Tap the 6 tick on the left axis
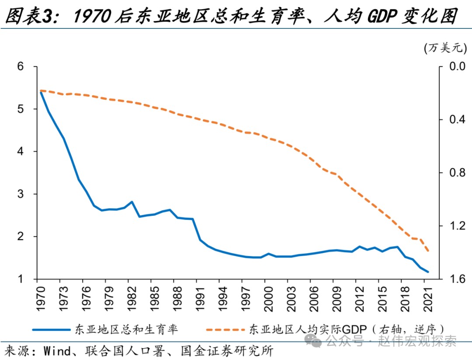click(x=21, y=66)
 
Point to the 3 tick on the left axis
click(x=21, y=194)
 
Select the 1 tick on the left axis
click(x=21, y=279)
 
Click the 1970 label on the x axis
click(x=40, y=297)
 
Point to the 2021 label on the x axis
click(x=428, y=297)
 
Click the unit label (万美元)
click(x=446, y=48)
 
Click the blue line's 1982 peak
click(x=132, y=202)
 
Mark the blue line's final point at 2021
click(x=428, y=272)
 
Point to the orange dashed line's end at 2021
click(x=428, y=251)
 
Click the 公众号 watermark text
click(x=344, y=340)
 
